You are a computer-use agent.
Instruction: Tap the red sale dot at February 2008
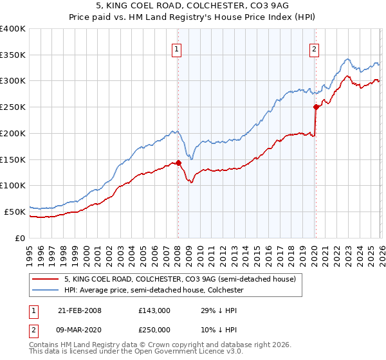(178, 163)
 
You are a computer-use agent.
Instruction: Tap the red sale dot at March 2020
(316, 107)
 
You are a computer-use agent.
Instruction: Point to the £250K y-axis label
(13, 107)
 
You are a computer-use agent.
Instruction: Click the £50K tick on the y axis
(15, 211)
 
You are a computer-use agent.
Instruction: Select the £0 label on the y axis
(21, 237)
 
